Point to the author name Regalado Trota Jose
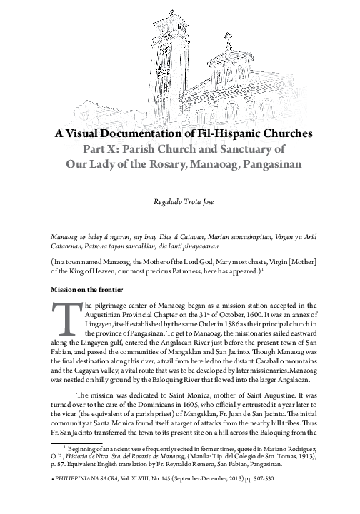(x=179, y=203)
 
